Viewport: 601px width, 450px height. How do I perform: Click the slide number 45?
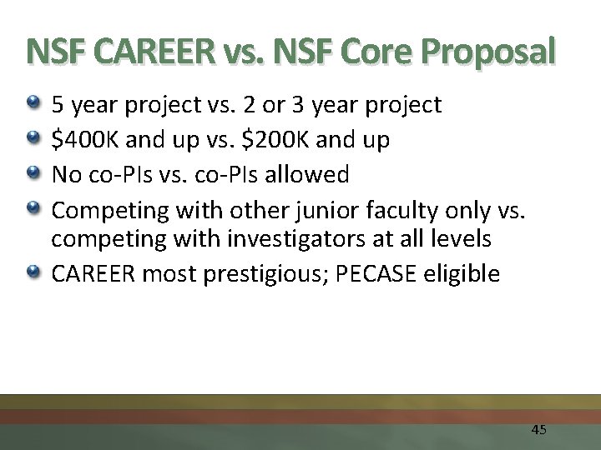tap(538, 430)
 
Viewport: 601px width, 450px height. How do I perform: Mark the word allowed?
tap(310, 175)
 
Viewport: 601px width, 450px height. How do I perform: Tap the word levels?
tap(461, 240)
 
